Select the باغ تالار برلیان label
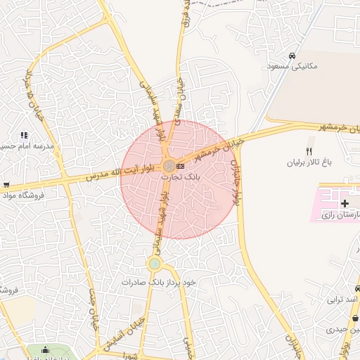[307, 162]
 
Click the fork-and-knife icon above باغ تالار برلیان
[308, 151]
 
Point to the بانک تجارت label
[181, 178]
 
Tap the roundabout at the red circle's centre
[169, 166]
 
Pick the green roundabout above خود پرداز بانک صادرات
[154, 264]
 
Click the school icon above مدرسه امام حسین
[24, 135]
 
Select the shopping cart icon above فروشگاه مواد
[6, 185]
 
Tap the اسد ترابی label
[342, 299]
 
